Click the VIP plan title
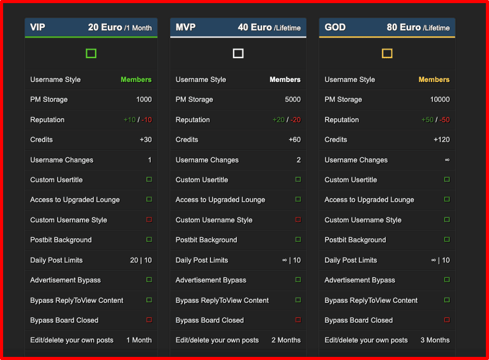[x=38, y=27]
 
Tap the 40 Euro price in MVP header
[x=255, y=27]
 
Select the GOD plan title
[x=335, y=27]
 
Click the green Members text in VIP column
[x=136, y=79]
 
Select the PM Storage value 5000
[x=292, y=100]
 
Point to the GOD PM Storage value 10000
[x=439, y=100]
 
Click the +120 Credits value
[x=442, y=140]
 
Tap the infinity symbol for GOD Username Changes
[x=447, y=160]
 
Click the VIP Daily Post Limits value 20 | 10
[x=141, y=260]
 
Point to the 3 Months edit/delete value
[x=435, y=340]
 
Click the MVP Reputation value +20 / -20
[x=287, y=120]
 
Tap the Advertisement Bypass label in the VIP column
[x=66, y=280]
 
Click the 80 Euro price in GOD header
[x=403, y=27]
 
